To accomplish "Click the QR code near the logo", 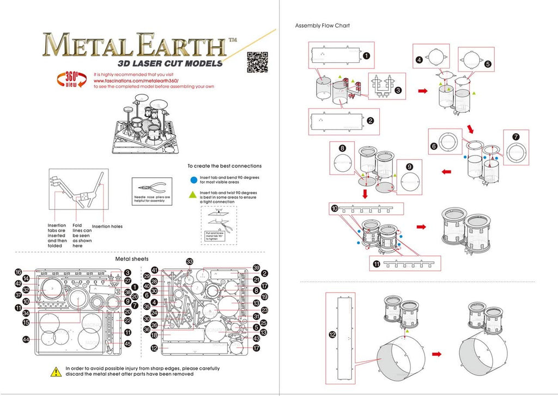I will [x=258, y=62].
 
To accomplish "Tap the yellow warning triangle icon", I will [x=56, y=371].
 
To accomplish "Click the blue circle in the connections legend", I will [x=194, y=178].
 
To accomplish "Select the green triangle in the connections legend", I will [x=194, y=194].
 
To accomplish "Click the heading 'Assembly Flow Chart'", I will [x=322, y=26].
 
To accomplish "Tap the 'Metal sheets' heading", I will [x=132, y=259].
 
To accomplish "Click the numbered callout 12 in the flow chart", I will [x=332, y=335].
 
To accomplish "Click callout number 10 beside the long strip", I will [x=335, y=208].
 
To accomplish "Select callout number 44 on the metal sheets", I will [x=26, y=339].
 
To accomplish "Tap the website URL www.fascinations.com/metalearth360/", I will [x=144, y=80].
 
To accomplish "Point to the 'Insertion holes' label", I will [x=107, y=226].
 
